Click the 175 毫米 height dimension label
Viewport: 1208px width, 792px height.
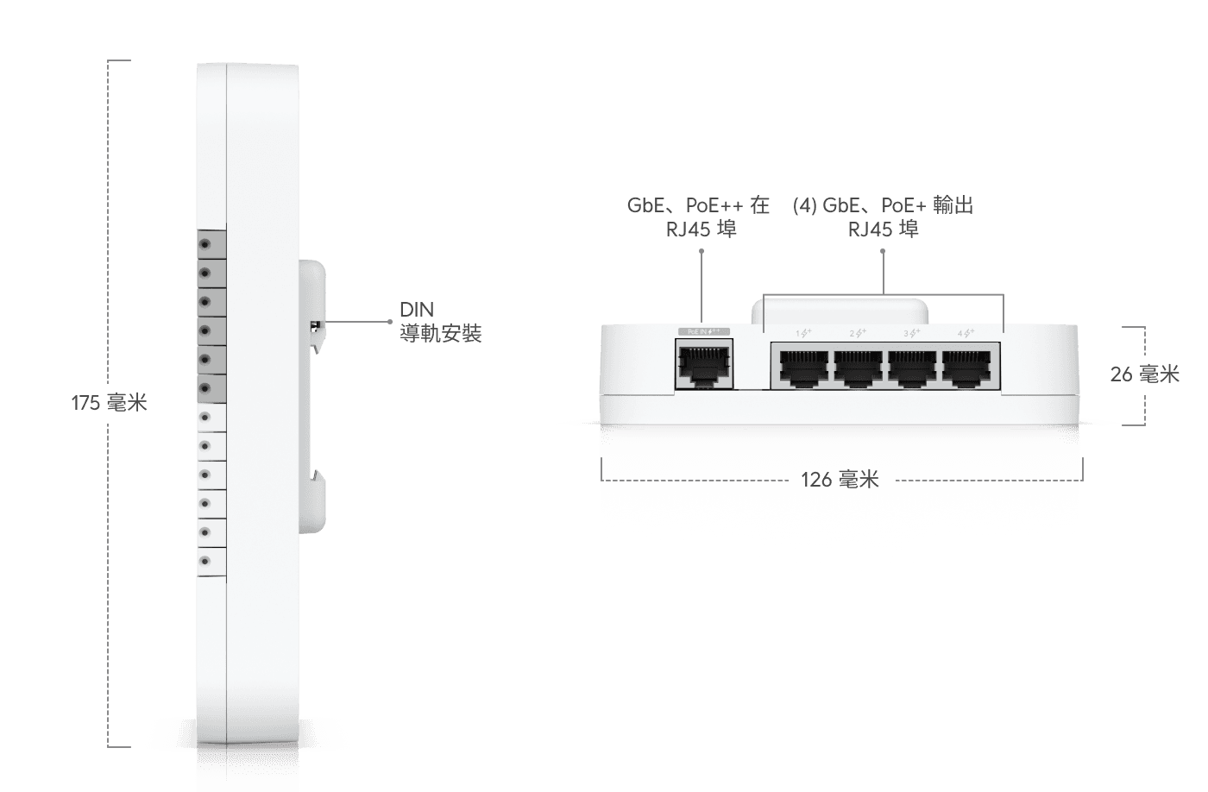110,402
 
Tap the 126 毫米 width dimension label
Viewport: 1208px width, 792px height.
840,480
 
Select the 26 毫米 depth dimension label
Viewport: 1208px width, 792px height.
1145,374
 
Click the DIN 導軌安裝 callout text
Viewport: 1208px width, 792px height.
439,322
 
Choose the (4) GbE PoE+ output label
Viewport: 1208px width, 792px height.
883,217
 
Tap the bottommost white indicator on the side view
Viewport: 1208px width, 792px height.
205,562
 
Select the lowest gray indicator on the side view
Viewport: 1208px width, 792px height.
205,388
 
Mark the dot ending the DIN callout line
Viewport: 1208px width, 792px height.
392,322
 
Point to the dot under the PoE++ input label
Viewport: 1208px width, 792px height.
702,251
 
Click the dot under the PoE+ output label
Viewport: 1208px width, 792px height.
883,251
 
